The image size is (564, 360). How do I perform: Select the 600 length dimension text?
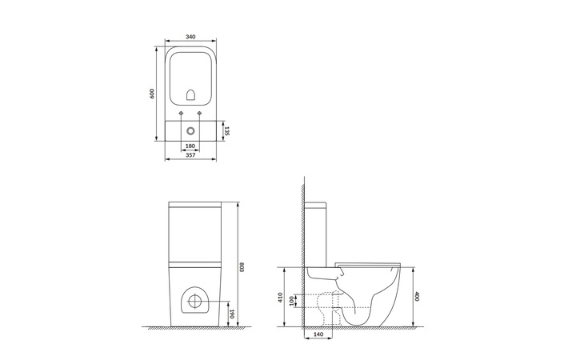[152, 94]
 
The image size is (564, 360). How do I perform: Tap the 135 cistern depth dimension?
[226, 131]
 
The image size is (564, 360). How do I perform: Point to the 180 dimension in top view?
[190, 146]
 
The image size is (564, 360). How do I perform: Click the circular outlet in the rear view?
[194, 302]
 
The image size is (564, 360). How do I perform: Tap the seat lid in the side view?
[368, 262]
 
